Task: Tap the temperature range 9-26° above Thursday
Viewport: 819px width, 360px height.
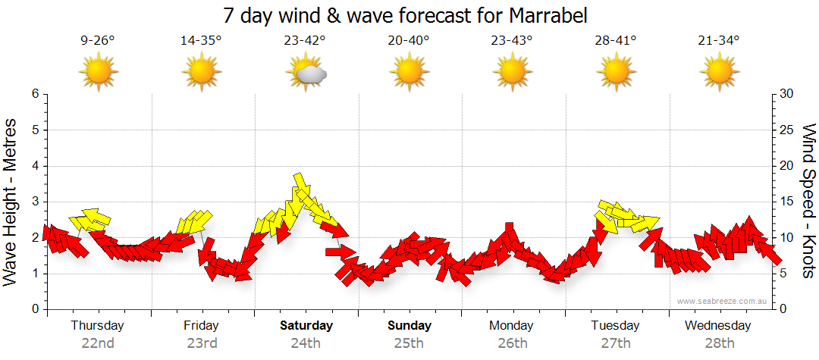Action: pos(98,41)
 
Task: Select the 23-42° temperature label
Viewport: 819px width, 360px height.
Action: pos(306,41)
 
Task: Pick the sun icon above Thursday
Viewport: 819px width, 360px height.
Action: pos(98,73)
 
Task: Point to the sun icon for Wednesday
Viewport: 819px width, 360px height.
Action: pos(718,73)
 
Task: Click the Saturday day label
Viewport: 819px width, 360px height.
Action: pos(306,326)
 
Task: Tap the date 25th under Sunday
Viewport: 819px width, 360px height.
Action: pos(409,343)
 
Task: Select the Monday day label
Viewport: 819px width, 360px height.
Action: pos(512,326)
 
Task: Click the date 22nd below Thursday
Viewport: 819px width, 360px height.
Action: pos(98,343)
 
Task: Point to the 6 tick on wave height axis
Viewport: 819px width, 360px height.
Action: pos(34,94)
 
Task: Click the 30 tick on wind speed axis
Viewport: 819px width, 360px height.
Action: pos(787,94)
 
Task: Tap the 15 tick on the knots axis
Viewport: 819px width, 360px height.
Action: pos(787,202)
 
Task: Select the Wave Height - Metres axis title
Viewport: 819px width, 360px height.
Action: pos(11,201)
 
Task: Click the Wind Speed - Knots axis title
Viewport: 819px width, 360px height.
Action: pos(808,201)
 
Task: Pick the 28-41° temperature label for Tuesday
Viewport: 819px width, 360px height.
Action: pos(615,41)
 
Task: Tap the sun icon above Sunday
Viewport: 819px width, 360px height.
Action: pos(409,73)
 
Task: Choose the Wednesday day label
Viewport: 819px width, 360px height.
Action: pos(718,326)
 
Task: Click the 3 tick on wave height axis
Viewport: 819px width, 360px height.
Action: pos(34,202)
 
